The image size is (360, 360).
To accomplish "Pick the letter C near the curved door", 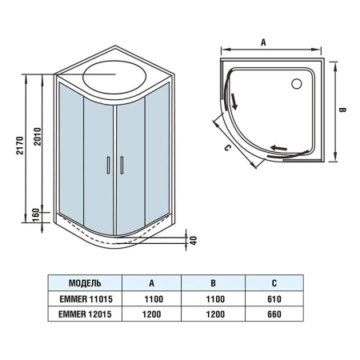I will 227,147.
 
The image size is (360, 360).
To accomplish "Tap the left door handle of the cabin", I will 107,166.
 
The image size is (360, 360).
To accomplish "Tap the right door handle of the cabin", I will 122,166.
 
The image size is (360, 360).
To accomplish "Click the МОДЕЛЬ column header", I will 86,282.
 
